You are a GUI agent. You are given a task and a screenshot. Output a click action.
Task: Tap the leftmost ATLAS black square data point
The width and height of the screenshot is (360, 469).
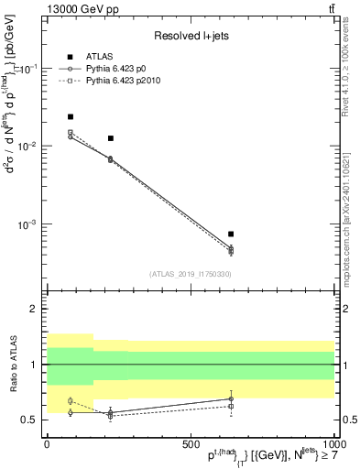coord(71,116)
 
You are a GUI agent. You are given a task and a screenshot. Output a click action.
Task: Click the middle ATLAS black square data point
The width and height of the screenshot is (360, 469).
coord(110,138)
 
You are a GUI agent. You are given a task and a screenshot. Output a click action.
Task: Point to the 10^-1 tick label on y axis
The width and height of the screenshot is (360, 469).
coord(27,69)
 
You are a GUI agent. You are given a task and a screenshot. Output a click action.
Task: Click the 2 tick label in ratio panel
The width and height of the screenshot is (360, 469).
coord(36,309)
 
